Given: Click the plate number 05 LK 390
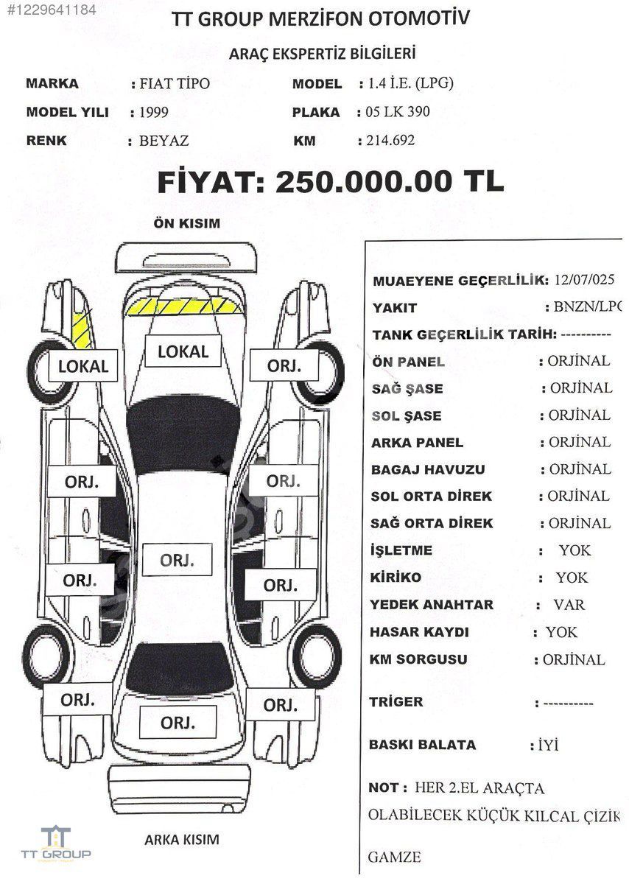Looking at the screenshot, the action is [x=398, y=112].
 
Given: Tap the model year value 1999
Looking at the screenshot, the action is [x=154, y=112].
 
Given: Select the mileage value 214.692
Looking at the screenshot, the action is [x=390, y=140].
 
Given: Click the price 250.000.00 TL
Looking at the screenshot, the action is [x=390, y=181].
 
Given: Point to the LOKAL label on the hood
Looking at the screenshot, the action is [x=183, y=351].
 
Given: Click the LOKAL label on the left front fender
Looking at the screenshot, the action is [x=83, y=366].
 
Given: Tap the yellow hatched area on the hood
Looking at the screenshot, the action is [x=184, y=306].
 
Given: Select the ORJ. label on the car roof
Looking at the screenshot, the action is [x=178, y=560].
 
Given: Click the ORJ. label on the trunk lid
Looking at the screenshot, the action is [x=178, y=723].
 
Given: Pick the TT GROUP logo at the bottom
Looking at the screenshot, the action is [x=56, y=843].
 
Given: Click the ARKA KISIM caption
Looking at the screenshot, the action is [x=181, y=839].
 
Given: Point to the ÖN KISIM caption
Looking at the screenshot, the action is [x=186, y=223].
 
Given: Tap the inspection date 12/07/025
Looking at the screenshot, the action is [x=584, y=279].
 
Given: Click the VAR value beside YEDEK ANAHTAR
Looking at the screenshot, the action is [x=569, y=605].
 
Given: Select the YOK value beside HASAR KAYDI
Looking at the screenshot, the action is [x=561, y=632].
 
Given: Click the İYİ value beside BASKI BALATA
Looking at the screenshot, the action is [x=548, y=745].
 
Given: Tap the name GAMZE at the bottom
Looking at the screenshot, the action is [x=394, y=857].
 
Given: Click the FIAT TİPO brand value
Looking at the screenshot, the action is [x=175, y=83].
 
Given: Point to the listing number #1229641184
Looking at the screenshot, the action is [x=52, y=10].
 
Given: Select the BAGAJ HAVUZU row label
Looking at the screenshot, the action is [x=428, y=470].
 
